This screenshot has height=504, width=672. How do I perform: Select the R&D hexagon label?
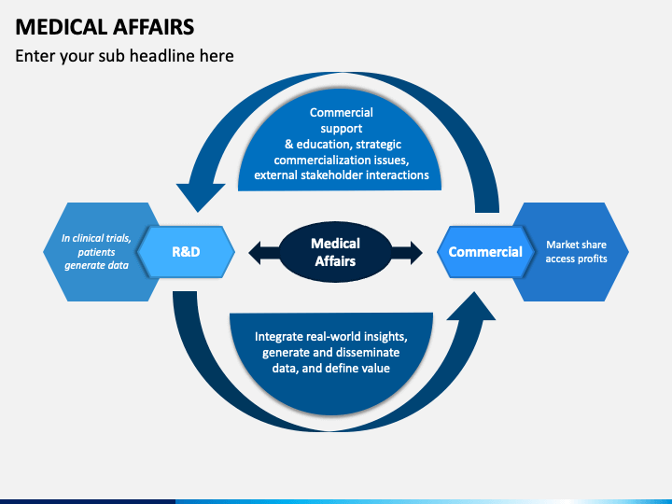[x=186, y=252]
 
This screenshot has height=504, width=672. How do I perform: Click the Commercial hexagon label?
[x=485, y=252]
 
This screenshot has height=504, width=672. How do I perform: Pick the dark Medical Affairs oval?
[x=335, y=252]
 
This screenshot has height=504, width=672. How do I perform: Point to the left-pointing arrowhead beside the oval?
[x=255, y=252]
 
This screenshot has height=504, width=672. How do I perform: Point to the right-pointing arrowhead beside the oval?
[x=416, y=252]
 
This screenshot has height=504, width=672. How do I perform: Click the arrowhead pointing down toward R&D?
[x=200, y=198]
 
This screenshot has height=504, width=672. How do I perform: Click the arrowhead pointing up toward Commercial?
[x=471, y=305]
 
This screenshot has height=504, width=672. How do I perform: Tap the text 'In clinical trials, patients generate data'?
[x=96, y=252]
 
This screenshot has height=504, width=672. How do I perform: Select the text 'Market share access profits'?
[x=576, y=252]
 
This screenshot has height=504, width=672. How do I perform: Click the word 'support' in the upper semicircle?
[x=342, y=129]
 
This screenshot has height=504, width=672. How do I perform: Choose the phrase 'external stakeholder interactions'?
[x=342, y=175]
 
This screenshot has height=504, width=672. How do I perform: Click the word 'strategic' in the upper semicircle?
[x=378, y=144]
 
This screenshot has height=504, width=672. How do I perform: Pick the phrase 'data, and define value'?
[x=330, y=368]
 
